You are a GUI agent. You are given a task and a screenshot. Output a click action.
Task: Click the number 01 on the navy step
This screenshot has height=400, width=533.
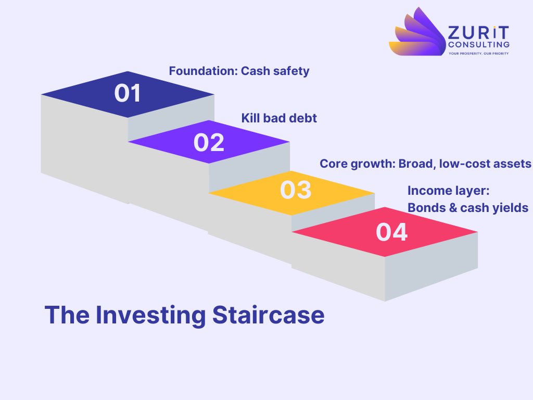coord(128,93)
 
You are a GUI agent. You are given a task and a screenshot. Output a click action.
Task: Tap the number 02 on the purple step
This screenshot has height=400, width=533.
coord(209,143)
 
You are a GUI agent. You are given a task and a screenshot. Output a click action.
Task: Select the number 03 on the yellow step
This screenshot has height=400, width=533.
coord(295,190)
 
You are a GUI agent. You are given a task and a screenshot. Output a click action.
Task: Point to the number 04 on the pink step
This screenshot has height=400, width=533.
coord(391,232)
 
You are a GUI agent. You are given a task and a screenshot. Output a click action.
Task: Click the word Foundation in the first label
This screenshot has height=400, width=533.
coord(202,71)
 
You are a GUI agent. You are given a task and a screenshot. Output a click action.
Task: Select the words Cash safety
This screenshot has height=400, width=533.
coord(275,71)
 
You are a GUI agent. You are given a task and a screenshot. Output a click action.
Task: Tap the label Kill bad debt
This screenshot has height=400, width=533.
coord(279,118)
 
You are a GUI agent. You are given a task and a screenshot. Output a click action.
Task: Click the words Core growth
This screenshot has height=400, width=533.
coord(357,164)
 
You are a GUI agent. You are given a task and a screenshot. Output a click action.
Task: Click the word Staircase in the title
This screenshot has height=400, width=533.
coord(268,315)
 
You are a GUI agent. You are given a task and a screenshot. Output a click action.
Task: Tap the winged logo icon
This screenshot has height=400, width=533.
coord(416,32)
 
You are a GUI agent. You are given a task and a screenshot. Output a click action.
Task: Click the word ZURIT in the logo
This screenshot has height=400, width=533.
coord(478,33)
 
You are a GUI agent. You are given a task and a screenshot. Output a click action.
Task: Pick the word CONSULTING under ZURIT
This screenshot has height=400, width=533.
coord(478,45)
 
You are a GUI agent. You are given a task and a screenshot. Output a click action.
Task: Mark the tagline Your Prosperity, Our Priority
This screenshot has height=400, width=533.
coord(478,53)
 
